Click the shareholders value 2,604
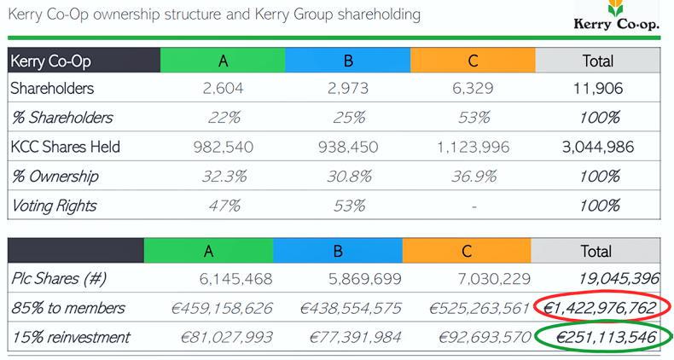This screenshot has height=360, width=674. click(223, 88)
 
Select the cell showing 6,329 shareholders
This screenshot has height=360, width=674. click(473, 88)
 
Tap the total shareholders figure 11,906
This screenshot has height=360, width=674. click(598, 88)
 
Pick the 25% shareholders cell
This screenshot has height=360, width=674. click(348, 117)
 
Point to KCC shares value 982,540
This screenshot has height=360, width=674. click(223, 147)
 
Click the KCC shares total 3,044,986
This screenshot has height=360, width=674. click(598, 147)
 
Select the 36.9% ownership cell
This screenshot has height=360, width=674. click(473, 177)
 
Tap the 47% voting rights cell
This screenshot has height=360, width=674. click(223, 206)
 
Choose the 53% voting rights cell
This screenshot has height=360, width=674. click(348, 206)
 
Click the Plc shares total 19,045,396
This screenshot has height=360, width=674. click(607, 279)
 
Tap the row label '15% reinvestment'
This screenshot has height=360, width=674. click(70, 338)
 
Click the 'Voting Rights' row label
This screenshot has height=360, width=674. click(52, 206)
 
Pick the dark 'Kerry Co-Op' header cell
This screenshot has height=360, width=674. click(84, 61)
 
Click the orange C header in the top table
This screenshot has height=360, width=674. click(473, 61)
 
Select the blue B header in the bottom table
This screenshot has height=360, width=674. click(337, 251)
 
